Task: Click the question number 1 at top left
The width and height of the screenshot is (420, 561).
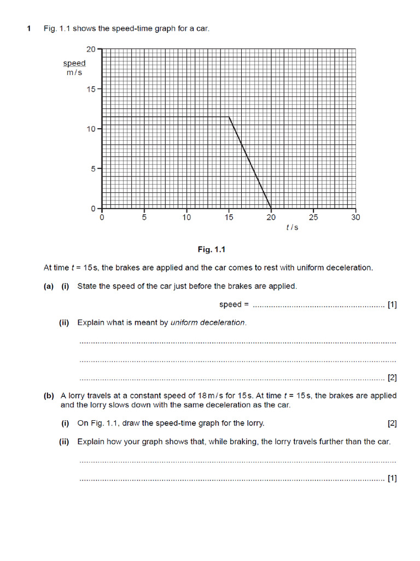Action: [x=29, y=28]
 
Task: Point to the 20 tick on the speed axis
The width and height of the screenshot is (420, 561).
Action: [x=91, y=49]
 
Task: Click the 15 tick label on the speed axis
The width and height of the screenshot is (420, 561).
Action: [x=91, y=89]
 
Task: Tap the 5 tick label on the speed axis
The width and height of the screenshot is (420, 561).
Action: [x=93, y=169]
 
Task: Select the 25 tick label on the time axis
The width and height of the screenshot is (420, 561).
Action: [x=313, y=217]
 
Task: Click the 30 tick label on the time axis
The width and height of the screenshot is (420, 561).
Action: [x=355, y=217]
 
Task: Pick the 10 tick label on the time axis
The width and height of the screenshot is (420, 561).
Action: [x=186, y=217]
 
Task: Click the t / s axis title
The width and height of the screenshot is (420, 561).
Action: [x=292, y=227]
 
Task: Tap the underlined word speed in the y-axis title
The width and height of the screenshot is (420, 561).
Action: [x=74, y=64]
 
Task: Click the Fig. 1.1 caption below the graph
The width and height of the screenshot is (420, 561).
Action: [x=211, y=250]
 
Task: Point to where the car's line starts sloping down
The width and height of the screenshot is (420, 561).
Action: [x=229, y=117]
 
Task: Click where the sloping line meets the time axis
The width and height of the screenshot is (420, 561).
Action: [x=271, y=208]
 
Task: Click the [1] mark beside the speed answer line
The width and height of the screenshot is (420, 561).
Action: [x=392, y=305]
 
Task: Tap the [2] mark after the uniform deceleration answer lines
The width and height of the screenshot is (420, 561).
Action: [x=392, y=378]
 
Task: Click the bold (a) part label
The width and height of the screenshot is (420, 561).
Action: [x=49, y=286]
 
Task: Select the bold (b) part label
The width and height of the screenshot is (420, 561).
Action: [x=49, y=396]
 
